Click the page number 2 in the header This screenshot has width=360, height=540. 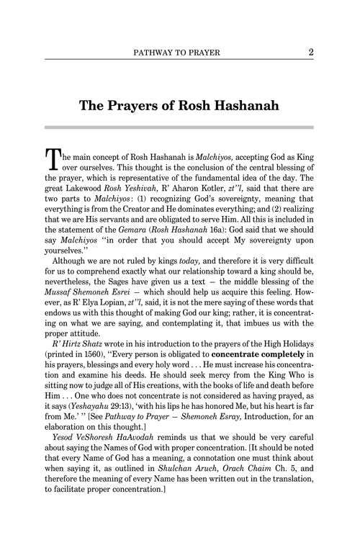pyautogui.click(x=310, y=52)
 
